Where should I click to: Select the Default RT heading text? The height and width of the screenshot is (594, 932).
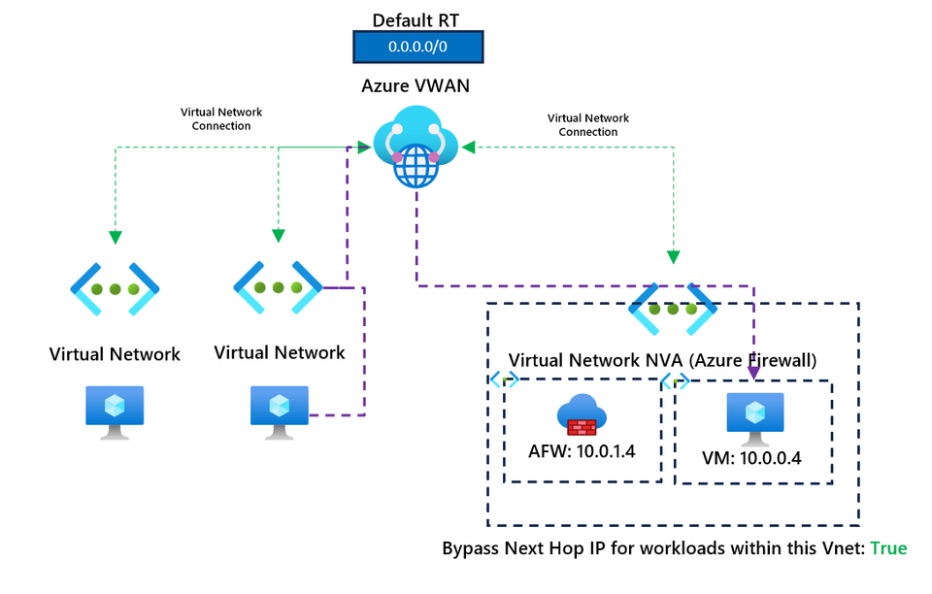pyautogui.click(x=416, y=19)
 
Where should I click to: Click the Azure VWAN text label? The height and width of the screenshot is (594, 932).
pyautogui.click(x=416, y=85)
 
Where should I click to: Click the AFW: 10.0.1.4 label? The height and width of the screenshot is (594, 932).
pyautogui.click(x=582, y=450)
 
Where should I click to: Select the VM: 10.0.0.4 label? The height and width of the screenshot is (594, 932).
pyautogui.click(x=752, y=458)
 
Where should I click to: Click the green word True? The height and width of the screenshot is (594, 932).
pyautogui.click(x=887, y=548)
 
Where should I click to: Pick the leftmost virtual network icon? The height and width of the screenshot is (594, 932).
pyautogui.click(x=115, y=289)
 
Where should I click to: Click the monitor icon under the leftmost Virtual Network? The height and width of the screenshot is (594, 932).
pyautogui.click(x=115, y=412)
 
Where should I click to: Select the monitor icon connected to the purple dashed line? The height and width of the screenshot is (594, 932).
pyautogui.click(x=280, y=412)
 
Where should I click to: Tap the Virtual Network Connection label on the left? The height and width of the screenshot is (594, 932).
pyautogui.click(x=221, y=118)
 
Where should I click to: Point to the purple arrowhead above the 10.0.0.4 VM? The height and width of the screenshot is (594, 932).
pyautogui.click(x=752, y=371)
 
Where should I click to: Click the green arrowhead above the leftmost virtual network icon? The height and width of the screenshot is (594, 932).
pyautogui.click(x=115, y=237)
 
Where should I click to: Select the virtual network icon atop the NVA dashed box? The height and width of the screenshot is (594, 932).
pyautogui.click(x=673, y=309)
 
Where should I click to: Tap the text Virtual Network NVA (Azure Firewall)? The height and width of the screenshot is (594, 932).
pyautogui.click(x=662, y=360)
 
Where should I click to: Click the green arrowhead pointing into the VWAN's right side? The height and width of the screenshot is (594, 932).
pyautogui.click(x=469, y=148)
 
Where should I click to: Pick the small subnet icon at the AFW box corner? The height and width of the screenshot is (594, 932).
pyautogui.click(x=504, y=379)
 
